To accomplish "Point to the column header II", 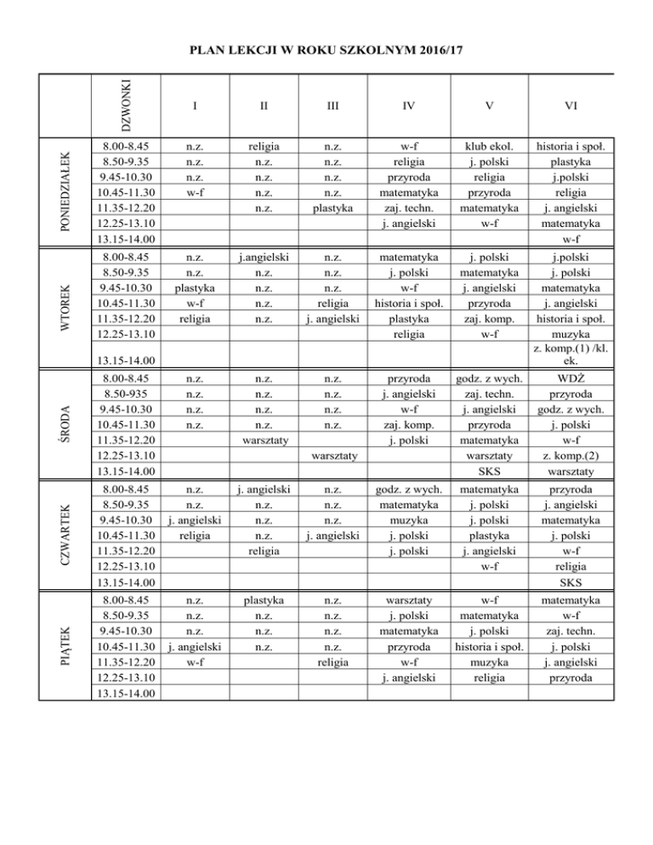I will pos(264,107).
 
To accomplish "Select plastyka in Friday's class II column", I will pos(264,602).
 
